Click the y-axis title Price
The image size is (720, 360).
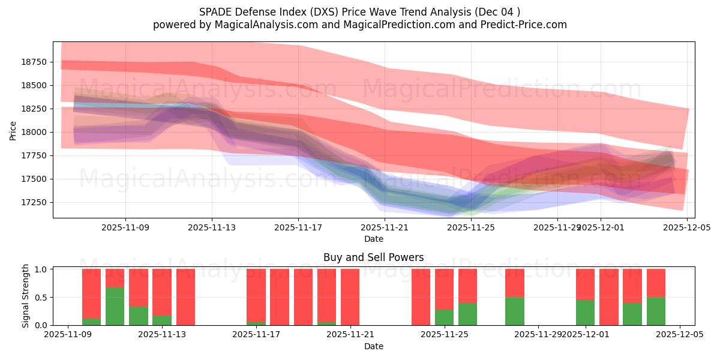(13, 130)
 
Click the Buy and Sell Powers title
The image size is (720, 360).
(373, 257)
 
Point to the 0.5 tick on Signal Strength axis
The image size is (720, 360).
(41, 298)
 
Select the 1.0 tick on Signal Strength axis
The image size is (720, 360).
(41, 269)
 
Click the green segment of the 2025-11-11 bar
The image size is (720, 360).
(115, 306)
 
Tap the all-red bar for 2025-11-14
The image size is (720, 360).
(185, 297)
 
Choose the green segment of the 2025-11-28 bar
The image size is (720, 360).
(514, 311)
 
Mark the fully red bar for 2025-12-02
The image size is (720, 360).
(608, 297)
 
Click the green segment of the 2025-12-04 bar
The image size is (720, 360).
(656, 311)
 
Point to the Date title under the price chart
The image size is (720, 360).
(373, 239)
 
